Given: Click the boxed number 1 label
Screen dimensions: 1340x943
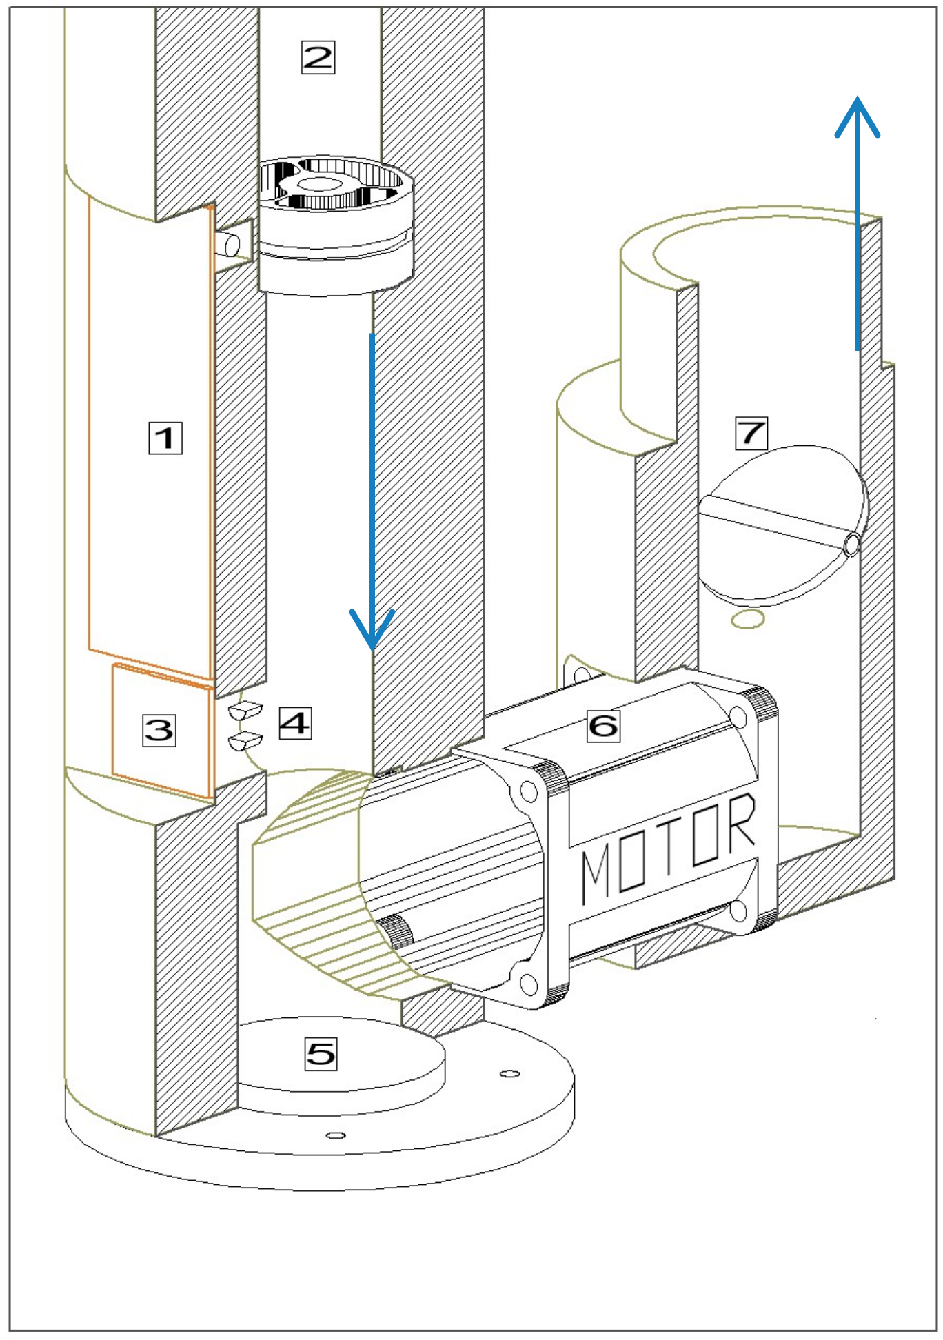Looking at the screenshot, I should coord(165,438).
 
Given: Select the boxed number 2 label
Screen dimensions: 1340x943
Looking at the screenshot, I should coord(318,57).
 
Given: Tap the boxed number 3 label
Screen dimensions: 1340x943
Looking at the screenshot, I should coord(159,730).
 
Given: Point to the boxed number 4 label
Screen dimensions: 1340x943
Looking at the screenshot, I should coord(295,723).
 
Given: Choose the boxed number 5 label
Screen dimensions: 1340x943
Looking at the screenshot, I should coord(321,1054).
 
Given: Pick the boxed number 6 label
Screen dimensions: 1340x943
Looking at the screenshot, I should coord(603,726).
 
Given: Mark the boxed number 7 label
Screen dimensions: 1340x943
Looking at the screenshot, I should coord(751,433).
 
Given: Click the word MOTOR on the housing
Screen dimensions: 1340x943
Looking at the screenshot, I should coord(667,848).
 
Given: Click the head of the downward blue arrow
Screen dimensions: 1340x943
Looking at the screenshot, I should coord(372,631).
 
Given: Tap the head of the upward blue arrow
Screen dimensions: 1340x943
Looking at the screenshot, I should coord(857,114).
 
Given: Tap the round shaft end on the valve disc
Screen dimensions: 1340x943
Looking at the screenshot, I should coord(852,545).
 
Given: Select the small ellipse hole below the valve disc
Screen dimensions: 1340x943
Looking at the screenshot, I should coord(747,619).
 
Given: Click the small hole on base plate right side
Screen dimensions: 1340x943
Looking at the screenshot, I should coord(509,1073).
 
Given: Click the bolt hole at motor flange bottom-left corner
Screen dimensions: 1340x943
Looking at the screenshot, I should coord(528,984).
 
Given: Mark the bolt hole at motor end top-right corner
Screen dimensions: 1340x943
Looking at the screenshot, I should coord(738,718).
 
